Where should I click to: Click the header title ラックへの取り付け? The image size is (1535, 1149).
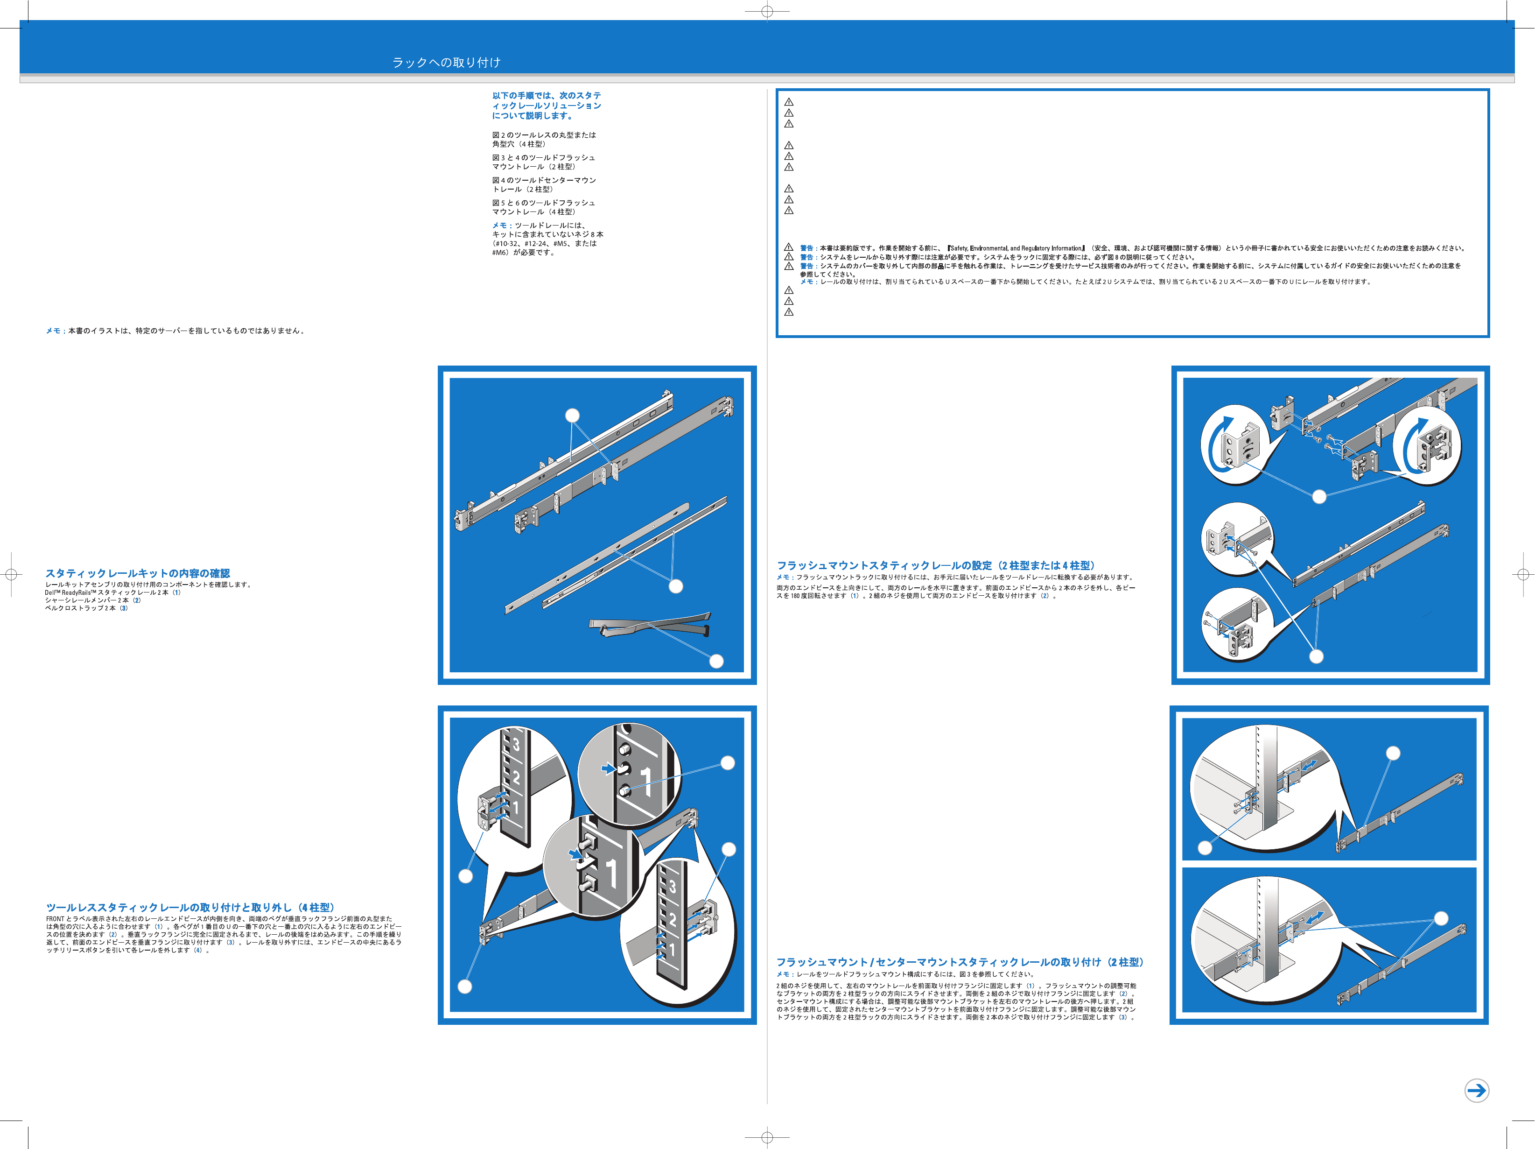tap(446, 63)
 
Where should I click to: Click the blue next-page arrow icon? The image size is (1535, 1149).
tap(1476, 1090)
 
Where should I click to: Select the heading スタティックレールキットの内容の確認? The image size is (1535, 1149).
tap(137, 573)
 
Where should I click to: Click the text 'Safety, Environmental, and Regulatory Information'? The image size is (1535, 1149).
tap(1016, 248)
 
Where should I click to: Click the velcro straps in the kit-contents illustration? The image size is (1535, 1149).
tap(649, 624)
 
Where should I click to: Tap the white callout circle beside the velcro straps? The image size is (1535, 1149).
tap(716, 662)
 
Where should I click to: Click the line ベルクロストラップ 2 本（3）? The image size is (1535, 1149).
tap(87, 608)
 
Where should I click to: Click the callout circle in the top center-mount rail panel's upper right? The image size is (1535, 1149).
tap(1393, 753)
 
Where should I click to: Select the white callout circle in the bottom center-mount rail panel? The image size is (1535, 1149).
tap(1441, 918)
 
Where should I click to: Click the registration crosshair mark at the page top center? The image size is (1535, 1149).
tap(767, 11)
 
